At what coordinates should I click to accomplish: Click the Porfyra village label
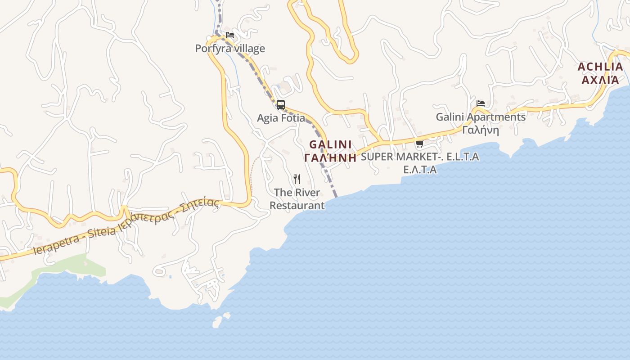coord(230,49)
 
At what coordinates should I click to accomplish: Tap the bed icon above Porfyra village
coord(230,35)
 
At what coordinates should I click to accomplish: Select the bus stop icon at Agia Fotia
coord(281,105)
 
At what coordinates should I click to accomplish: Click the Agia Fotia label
coord(281,118)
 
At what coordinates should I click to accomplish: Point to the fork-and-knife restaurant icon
coord(297,179)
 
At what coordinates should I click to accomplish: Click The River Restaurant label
coord(297,199)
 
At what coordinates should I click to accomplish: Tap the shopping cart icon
coord(419,144)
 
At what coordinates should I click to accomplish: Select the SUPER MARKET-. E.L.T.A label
coord(420,157)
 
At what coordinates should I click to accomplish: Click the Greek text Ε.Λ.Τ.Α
coord(420,170)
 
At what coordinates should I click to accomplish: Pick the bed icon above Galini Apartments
coord(481,103)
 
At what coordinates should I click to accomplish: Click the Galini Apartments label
coord(481,117)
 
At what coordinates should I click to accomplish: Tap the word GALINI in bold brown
coord(330,145)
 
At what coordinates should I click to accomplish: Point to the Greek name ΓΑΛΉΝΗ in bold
coord(330,157)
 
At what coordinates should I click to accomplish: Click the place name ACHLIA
coord(600,67)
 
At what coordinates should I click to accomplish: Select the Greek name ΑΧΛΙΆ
coord(600,80)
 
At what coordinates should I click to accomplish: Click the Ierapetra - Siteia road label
coord(75,238)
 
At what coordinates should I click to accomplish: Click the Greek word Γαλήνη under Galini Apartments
coord(481,130)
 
